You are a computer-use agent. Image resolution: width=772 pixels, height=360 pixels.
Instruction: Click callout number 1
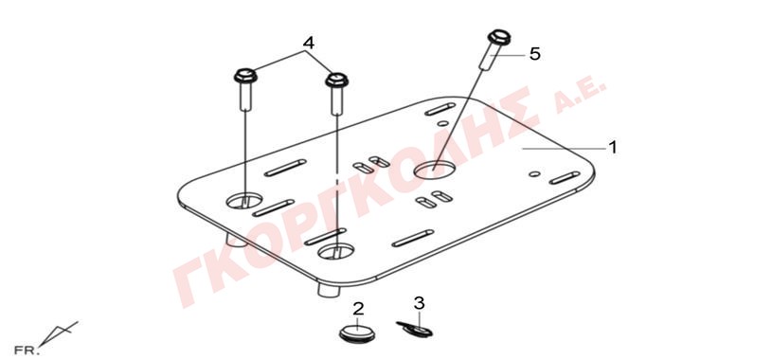pos(612,147)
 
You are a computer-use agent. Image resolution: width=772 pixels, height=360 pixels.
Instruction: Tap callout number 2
pos(358,309)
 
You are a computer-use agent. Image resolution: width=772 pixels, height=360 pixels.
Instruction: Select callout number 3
pos(419,303)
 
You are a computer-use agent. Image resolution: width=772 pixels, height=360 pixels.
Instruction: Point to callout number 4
pos(308,43)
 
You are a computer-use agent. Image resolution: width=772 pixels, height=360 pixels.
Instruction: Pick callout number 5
pos(534,54)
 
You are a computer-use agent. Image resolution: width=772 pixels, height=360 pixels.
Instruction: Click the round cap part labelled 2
pos(357,332)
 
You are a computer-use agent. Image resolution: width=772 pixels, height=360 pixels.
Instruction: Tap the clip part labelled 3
pos(414,329)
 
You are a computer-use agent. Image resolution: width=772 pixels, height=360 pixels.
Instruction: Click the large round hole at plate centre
pos(434,170)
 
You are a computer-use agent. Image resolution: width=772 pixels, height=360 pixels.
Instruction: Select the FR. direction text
pos(27,351)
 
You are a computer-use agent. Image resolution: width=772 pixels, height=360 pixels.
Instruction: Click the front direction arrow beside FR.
pos(58,333)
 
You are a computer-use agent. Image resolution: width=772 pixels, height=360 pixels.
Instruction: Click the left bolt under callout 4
pos(244,90)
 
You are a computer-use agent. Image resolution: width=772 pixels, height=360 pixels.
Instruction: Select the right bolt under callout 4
pos(337,94)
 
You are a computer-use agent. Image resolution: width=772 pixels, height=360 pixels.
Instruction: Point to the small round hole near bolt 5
pos(443,123)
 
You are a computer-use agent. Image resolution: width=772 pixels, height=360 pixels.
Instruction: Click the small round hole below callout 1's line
pos(534,174)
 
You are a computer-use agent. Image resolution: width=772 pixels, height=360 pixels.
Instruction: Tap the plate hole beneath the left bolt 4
pos(244,200)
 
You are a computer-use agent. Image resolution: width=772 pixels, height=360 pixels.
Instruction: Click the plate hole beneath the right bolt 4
pos(335,251)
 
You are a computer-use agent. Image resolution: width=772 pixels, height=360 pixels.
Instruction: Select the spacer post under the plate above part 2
pos(329,290)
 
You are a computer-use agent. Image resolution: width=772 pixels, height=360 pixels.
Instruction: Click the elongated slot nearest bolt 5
pos(440,109)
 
